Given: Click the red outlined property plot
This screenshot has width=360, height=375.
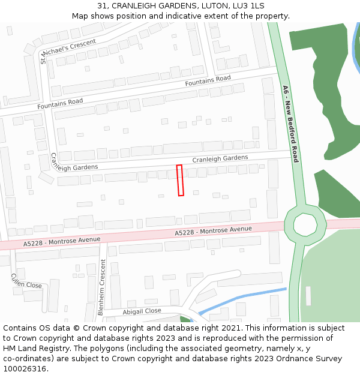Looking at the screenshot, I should point(180,180).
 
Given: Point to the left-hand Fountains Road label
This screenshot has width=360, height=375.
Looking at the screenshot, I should point(60,103).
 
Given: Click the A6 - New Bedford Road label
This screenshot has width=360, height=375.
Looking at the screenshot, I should point(291,124).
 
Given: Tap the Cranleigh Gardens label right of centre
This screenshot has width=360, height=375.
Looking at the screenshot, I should point(220,158).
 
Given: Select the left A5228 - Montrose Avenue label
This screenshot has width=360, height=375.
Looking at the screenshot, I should point(62,241).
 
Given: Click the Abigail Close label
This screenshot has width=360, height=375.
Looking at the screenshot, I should point(142,311).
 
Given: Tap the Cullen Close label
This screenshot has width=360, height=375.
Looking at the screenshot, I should point(26,281).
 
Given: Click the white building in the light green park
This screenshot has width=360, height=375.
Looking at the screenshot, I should point(308,295).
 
